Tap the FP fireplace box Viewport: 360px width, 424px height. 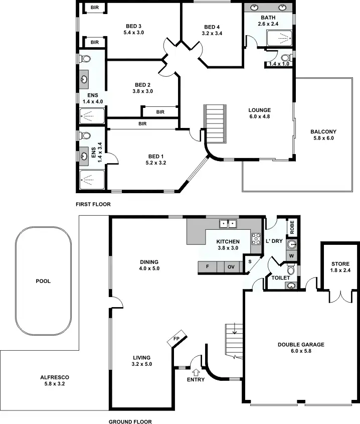[x=176, y=339]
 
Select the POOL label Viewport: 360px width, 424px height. [x=43, y=281]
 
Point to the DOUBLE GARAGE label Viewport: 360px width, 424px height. [x=301, y=345]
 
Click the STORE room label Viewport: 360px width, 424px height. [x=340, y=264]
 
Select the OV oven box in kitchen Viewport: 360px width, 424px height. [x=231, y=267]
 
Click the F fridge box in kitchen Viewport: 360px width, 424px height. [x=208, y=267]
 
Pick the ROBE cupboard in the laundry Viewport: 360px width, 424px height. [x=292, y=228]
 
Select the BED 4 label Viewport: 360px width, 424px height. [x=213, y=27]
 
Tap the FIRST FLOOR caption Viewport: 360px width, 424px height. [x=93, y=204]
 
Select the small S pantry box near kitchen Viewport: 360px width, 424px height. [x=249, y=261]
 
